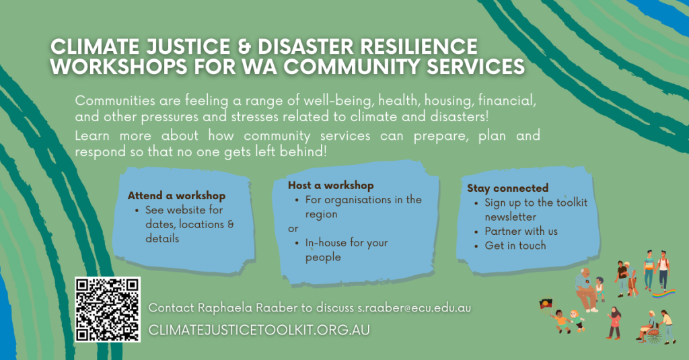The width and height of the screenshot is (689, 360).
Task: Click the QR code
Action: point(107,309)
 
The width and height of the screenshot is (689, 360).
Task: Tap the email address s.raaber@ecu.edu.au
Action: point(414,308)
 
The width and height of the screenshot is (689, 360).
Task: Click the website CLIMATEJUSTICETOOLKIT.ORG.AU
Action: point(259,330)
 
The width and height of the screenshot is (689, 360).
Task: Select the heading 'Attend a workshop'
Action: point(177,196)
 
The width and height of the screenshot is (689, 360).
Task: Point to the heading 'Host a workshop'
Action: point(331,186)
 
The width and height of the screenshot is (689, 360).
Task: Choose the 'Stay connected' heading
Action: point(507,188)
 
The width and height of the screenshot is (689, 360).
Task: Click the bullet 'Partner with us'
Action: point(521,231)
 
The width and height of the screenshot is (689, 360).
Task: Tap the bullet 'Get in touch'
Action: point(515,246)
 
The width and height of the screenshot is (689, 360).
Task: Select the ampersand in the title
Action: point(244,47)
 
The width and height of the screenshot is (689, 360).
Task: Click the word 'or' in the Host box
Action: point(293,229)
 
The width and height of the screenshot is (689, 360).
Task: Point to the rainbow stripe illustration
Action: point(664,293)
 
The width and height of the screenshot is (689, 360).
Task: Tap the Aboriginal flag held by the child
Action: point(545,303)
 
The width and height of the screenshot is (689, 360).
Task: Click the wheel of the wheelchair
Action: point(654,336)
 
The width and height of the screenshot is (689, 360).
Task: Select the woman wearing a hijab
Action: point(615,323)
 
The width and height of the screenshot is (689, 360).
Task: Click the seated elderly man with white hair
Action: point(587,290)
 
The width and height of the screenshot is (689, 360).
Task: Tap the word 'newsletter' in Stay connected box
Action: point(510,217)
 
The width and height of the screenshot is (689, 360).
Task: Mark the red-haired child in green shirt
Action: point(576,321)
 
